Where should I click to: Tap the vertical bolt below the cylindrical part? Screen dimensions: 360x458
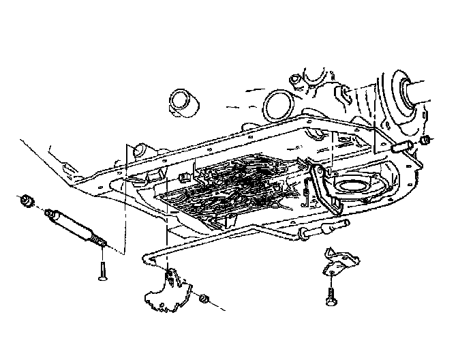(x=102, y=271)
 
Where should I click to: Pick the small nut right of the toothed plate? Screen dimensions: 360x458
(x=203, y=299)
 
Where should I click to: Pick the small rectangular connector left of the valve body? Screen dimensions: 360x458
(x=183, y=177)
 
